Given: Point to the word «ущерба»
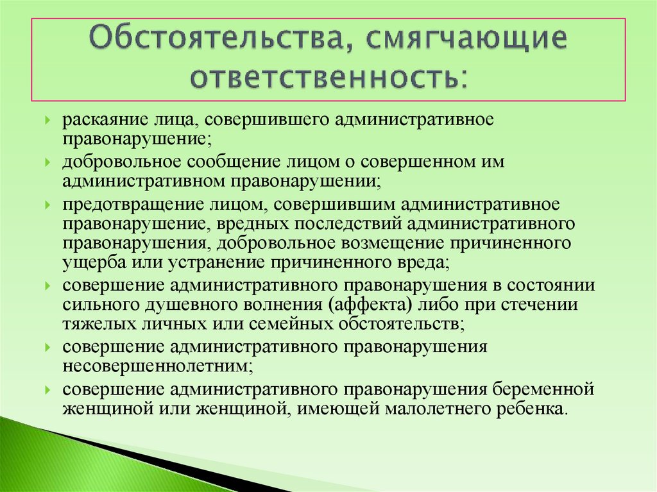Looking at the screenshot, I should [x=85, y=263].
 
